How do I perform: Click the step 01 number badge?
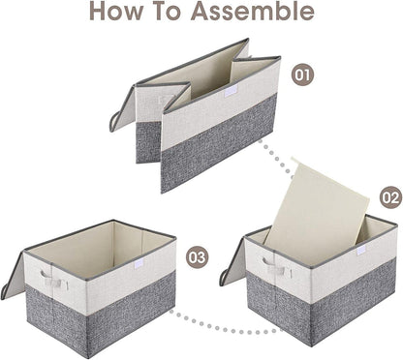(303, 73)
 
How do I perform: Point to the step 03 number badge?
(198, 256)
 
